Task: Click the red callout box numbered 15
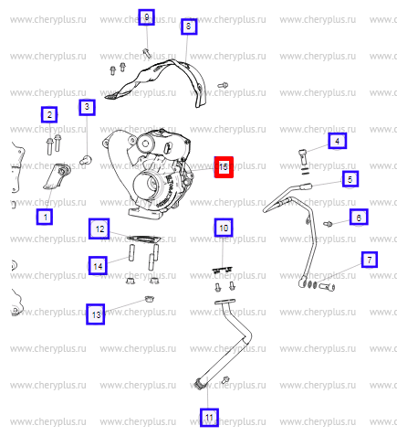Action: pyautogui.click(x=224, y=167)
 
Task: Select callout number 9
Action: pyautogui.click(x=146, y=17)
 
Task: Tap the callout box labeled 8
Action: pyautogui.click(x=189, y=27)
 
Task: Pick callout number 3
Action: pyautogui.click(x=87, y=107)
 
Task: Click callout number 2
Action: pyautogui.click(x=49, y=115)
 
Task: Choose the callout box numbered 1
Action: pyautogui.click(x=45, y=217)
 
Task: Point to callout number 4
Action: pyautogui.click(x=337, y=141)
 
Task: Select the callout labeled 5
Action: pyautogui.click(x=350, y=179)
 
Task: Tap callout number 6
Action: pyautogui.click(x=359, y=217)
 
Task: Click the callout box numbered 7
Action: pyautogui.click(x=370, y=260)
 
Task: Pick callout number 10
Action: pyautogui.click(x=224, y=228)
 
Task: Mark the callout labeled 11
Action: pyautogui.click(x=209, y=418)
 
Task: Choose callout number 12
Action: pyautogui.click(x=99, y=229)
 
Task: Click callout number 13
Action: pyautogui.click(x=96, y=314)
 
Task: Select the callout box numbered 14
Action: pyautogui.click(x=98, y=266)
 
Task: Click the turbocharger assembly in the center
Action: pyautogui.click(x=148, y=173)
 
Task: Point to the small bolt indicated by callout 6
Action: pyautogui.click(x=328, y=224)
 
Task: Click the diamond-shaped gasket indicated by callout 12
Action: pyautogui.click(x=144, y=239)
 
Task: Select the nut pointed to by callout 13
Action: pyautogui.click(x=150, y=299)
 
